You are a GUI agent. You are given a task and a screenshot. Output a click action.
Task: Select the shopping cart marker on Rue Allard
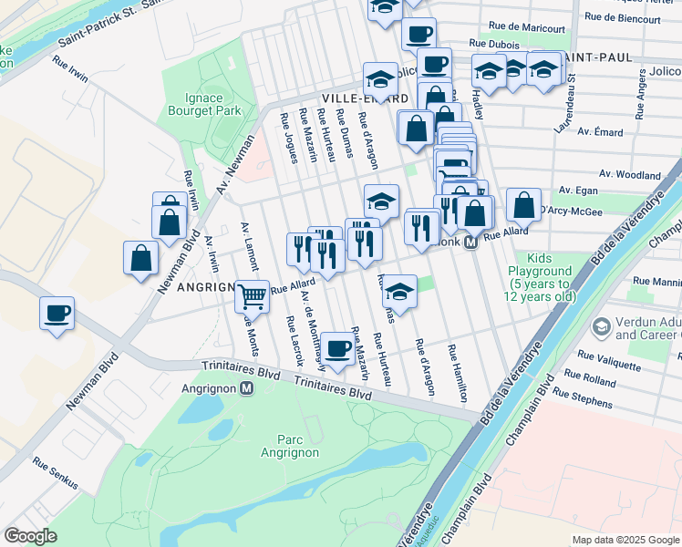coord(252,294)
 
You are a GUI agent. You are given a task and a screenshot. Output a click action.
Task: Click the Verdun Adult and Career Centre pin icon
coord(601,326)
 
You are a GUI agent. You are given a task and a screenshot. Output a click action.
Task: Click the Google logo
coord(31,535)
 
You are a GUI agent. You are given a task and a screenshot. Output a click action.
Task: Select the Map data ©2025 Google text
coord(625,539)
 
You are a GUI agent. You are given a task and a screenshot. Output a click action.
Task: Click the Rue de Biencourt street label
coord(623,17)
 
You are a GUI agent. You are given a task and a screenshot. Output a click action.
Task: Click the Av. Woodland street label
coord(630,174)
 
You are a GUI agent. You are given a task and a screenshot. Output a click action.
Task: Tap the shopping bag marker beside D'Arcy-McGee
coord(523,205)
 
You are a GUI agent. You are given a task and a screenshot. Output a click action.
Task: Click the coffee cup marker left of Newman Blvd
coord(57,315)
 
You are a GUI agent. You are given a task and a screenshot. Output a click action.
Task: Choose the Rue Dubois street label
coord(493,43)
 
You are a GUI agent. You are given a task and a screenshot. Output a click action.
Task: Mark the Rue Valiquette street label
coord(608,357)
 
